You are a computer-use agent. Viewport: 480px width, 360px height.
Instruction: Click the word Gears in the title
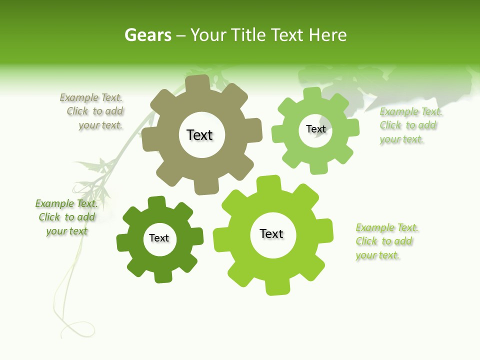(x=147, y=35)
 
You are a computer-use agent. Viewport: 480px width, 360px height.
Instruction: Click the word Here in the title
(x=327, y=35)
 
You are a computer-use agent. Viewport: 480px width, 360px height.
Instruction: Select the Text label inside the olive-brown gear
(x=199, y=135)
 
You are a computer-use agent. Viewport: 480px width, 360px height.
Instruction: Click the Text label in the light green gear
(x=315, y=129)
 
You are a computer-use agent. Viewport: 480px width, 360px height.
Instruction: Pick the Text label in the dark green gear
(x=159, y=238)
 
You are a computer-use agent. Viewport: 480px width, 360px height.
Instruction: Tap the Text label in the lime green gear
(x=271, y=233)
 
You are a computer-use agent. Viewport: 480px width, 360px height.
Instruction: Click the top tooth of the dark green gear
(x=156, y=202)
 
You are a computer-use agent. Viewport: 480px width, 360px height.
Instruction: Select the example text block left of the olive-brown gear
(x=92, y=111)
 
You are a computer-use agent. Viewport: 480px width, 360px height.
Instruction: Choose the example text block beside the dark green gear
(x=66, y=217)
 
